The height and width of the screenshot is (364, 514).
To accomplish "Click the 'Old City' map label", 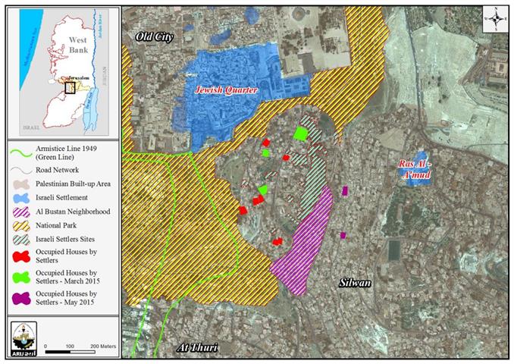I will click(x=155, y=36).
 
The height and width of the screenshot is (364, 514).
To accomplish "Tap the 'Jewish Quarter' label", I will click(x=227, y=90).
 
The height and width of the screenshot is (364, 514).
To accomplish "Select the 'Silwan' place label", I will click(x=354, y=283).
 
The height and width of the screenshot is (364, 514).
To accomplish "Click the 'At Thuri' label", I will click(x=196, y=347).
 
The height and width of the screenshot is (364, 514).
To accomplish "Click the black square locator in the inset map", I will click(x=71, y=86).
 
